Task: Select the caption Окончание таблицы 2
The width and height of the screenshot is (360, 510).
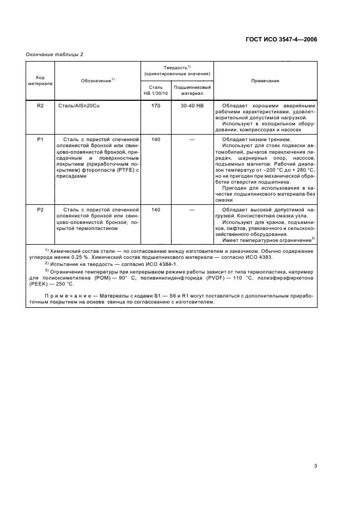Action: (x=54, y=54)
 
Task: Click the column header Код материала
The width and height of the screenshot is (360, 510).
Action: (x=40, y=81)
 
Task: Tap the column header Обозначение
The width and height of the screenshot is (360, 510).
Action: (x=97, y=81)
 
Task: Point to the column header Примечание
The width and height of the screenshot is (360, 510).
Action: (x=265, y=81)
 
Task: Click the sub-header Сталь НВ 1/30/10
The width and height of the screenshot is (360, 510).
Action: (x=156, y=90)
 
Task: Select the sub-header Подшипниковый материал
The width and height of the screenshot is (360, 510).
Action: (x=192, y=90)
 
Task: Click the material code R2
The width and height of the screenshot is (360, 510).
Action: (x=40, y=106)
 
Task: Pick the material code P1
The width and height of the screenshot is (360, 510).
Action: (x=40, y=140)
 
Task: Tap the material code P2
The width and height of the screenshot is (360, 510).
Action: (x=40, y=209)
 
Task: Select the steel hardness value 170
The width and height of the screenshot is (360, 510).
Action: (x=156, y=106)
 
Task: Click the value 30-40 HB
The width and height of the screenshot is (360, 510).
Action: (x=192, y=106)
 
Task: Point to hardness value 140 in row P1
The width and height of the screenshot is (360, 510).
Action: (x=156, y=140)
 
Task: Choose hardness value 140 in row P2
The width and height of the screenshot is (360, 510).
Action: (x=156, y=209)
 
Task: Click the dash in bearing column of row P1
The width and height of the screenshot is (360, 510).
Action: (x=192, y=140)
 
